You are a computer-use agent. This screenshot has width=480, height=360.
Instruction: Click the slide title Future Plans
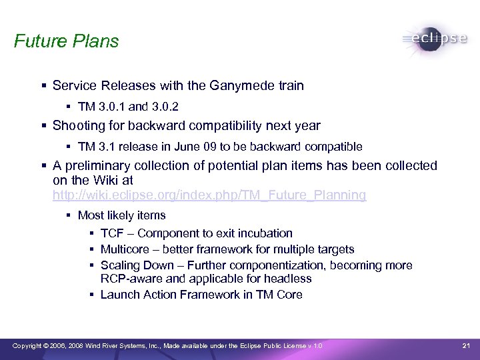point(66,41)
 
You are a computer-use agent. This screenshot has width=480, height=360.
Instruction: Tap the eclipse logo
point(435,39)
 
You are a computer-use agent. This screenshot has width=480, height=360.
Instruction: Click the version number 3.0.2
point(165,107)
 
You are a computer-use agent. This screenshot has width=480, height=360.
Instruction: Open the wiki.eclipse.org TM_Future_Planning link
point(209,195)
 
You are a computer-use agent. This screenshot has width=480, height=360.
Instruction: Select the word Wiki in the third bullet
point(99,180)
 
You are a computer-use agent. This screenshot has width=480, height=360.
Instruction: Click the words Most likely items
point(121,215)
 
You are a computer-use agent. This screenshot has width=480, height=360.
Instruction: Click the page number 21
point(466,345)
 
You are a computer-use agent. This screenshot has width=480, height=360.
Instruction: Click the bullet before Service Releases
point(43,86)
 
